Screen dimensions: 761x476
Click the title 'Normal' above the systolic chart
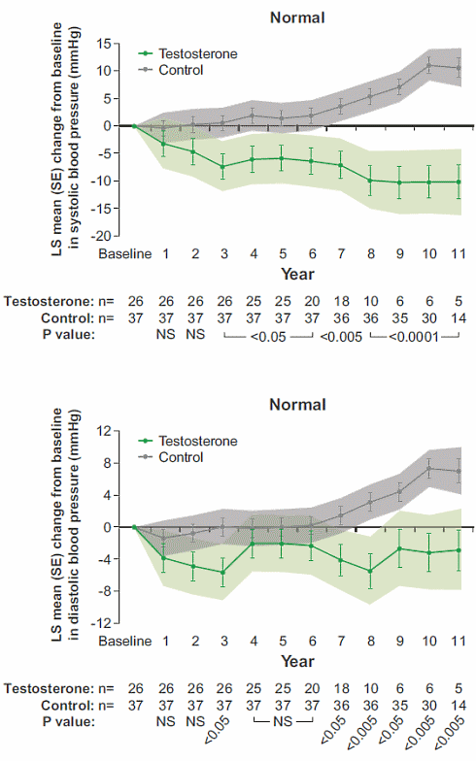pyautogui.click(x=296, y=17)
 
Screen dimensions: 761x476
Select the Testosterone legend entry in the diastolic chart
pyautogui.click(x=197, y=439)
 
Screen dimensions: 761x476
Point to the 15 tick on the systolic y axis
pyautogui.click(x=113, y=43)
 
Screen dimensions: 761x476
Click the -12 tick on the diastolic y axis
pyautogui.click(x=110, y=622)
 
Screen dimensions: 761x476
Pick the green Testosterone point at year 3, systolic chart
pyautogui.click(x=223, y=166)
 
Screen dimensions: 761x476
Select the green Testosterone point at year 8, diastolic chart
pyautogui.click(x=370, y=571)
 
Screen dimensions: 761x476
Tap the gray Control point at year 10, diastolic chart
pyautogui.click(x=429, y=468)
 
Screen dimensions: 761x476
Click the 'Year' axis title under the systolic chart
pyautogui.click(x=296, y=273)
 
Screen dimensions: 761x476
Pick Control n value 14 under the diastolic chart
pyautogui.click(x=459, y=704)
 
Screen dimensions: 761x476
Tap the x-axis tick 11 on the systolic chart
pyautogui.click(x=459, y=253)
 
